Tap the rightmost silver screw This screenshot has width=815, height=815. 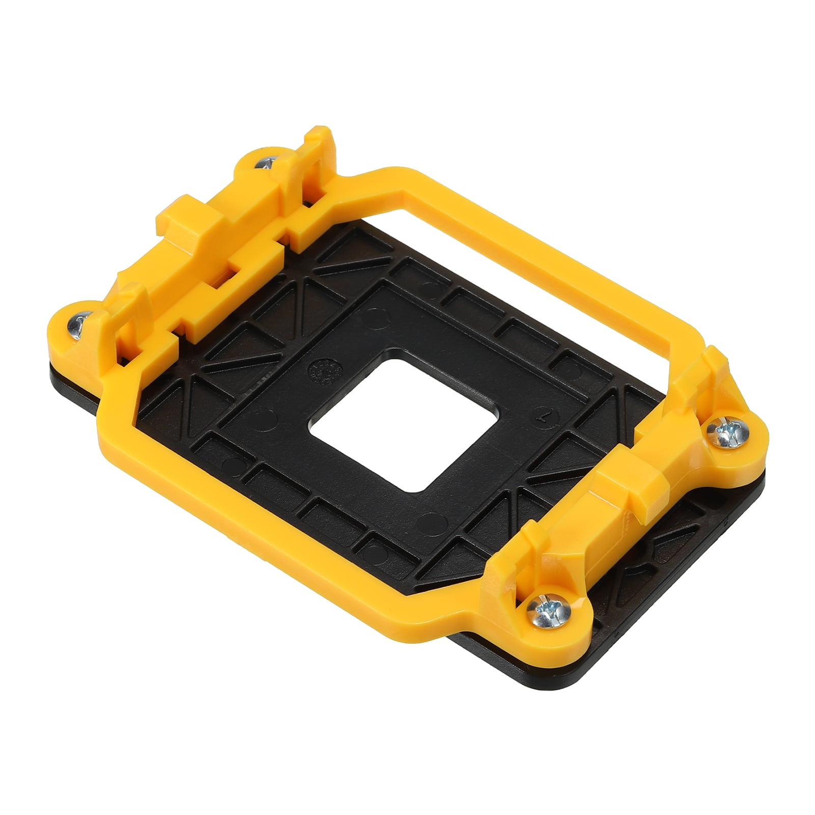coord(725,433)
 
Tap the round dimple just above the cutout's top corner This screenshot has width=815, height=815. coord(431,291)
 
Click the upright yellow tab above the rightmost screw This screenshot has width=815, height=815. coord(713,367)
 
